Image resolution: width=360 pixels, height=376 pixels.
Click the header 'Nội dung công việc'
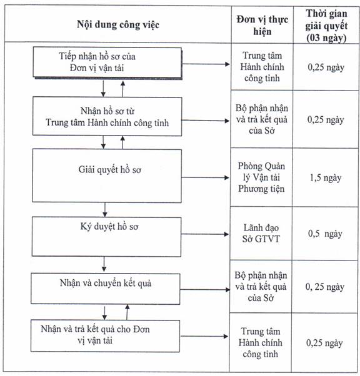[118, 25]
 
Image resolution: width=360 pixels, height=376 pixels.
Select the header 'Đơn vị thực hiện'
[262, 25]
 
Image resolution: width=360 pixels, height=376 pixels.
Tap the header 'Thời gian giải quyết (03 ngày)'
[326, 26]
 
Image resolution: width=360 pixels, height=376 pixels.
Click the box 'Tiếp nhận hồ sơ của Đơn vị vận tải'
[107, 62]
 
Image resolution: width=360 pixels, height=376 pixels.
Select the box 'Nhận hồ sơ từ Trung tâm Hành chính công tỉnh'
[107, 116]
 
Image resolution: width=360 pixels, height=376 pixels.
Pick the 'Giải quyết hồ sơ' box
[107, 176]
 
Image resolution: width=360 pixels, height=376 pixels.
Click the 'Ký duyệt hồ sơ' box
[106, 237]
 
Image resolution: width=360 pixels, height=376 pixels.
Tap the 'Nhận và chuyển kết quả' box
[106, 289]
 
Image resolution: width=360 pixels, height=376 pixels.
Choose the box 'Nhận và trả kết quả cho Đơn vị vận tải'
[106, 336]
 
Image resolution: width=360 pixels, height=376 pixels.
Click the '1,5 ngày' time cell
[326, 178]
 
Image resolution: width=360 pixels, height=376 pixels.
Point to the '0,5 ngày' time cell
[325, 234]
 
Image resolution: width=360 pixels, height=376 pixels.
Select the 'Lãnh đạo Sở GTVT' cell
[261, 234]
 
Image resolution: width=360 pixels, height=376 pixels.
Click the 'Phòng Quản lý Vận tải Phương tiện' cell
[261, 177]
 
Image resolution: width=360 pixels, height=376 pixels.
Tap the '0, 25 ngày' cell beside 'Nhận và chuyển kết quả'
[325, 287]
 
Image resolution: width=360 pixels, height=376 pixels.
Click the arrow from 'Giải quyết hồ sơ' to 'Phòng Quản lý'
[206, 177]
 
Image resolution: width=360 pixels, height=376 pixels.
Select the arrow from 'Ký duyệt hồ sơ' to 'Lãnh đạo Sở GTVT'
[205, 234]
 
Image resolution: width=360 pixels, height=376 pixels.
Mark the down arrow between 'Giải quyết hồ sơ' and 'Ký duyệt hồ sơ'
[104, 210]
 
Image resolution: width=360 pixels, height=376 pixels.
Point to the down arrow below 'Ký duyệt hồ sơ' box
[104, 264]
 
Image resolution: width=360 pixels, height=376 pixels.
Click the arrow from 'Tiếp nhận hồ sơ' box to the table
[206, 64]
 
